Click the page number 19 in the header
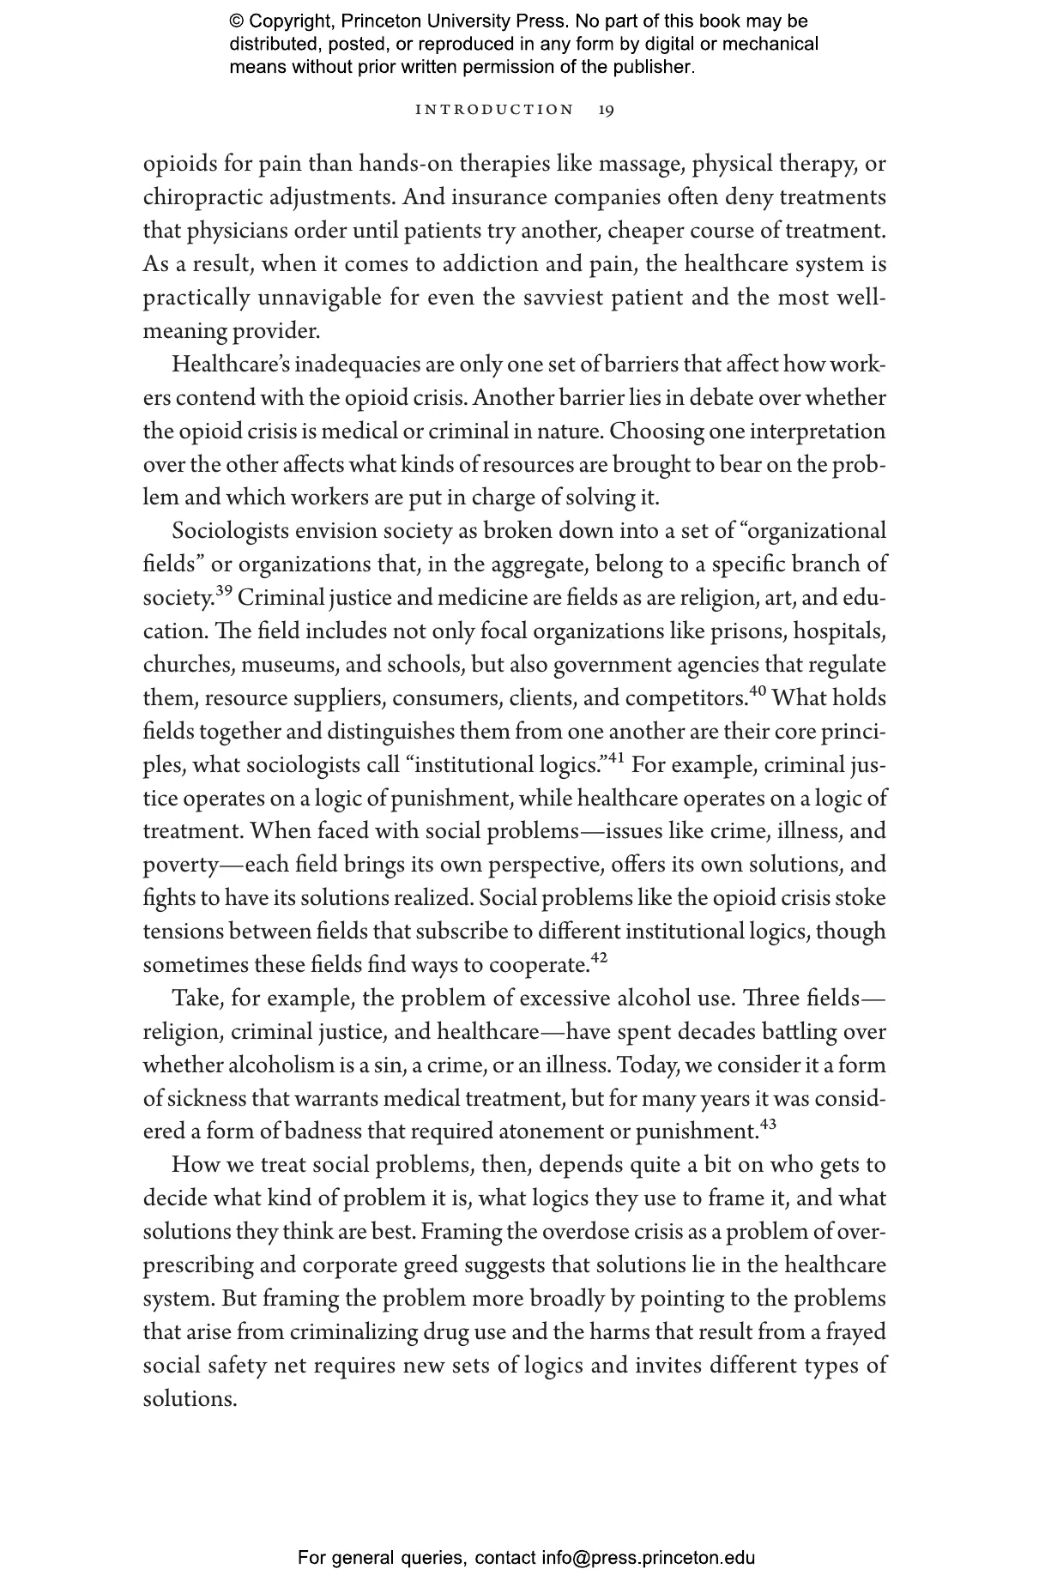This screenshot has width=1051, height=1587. pos(606,110)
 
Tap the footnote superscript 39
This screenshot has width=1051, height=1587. pos(224,591)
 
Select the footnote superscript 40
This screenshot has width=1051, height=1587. pos(757,691)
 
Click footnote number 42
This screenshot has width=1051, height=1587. pos(599,958)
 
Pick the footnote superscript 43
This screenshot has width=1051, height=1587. pos(768,1125)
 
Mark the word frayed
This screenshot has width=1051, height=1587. pos(855,1332)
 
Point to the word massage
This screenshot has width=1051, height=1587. pos(640,164)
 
